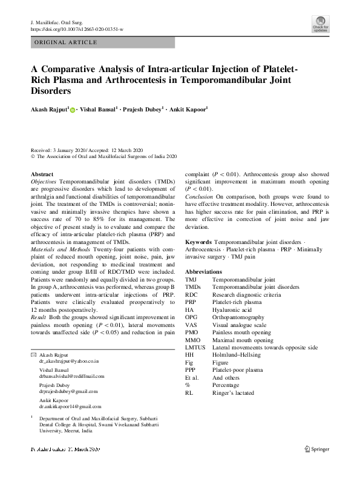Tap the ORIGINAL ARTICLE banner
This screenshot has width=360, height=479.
[67, 42]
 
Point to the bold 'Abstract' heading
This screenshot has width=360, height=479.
[42, 174]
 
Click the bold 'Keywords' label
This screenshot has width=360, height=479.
[199, 241]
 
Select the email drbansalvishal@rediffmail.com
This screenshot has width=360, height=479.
[71, 376]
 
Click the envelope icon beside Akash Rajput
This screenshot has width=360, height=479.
[33, 354]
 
